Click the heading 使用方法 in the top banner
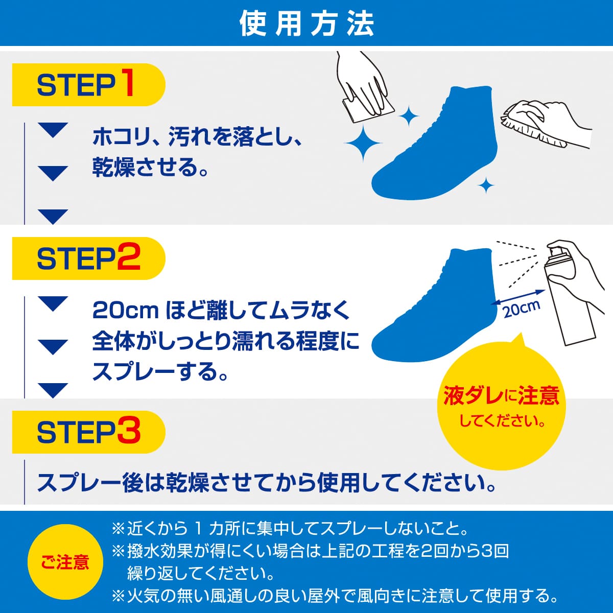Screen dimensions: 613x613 306,23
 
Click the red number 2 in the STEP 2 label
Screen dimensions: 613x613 128,258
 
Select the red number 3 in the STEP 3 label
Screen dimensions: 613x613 128,432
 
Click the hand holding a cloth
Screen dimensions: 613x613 365,87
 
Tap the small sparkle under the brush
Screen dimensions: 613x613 486,186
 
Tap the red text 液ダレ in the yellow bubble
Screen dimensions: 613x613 470,396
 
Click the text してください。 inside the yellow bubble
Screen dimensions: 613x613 502,421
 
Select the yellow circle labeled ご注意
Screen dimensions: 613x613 65,562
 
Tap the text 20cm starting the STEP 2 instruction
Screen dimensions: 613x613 125,311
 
